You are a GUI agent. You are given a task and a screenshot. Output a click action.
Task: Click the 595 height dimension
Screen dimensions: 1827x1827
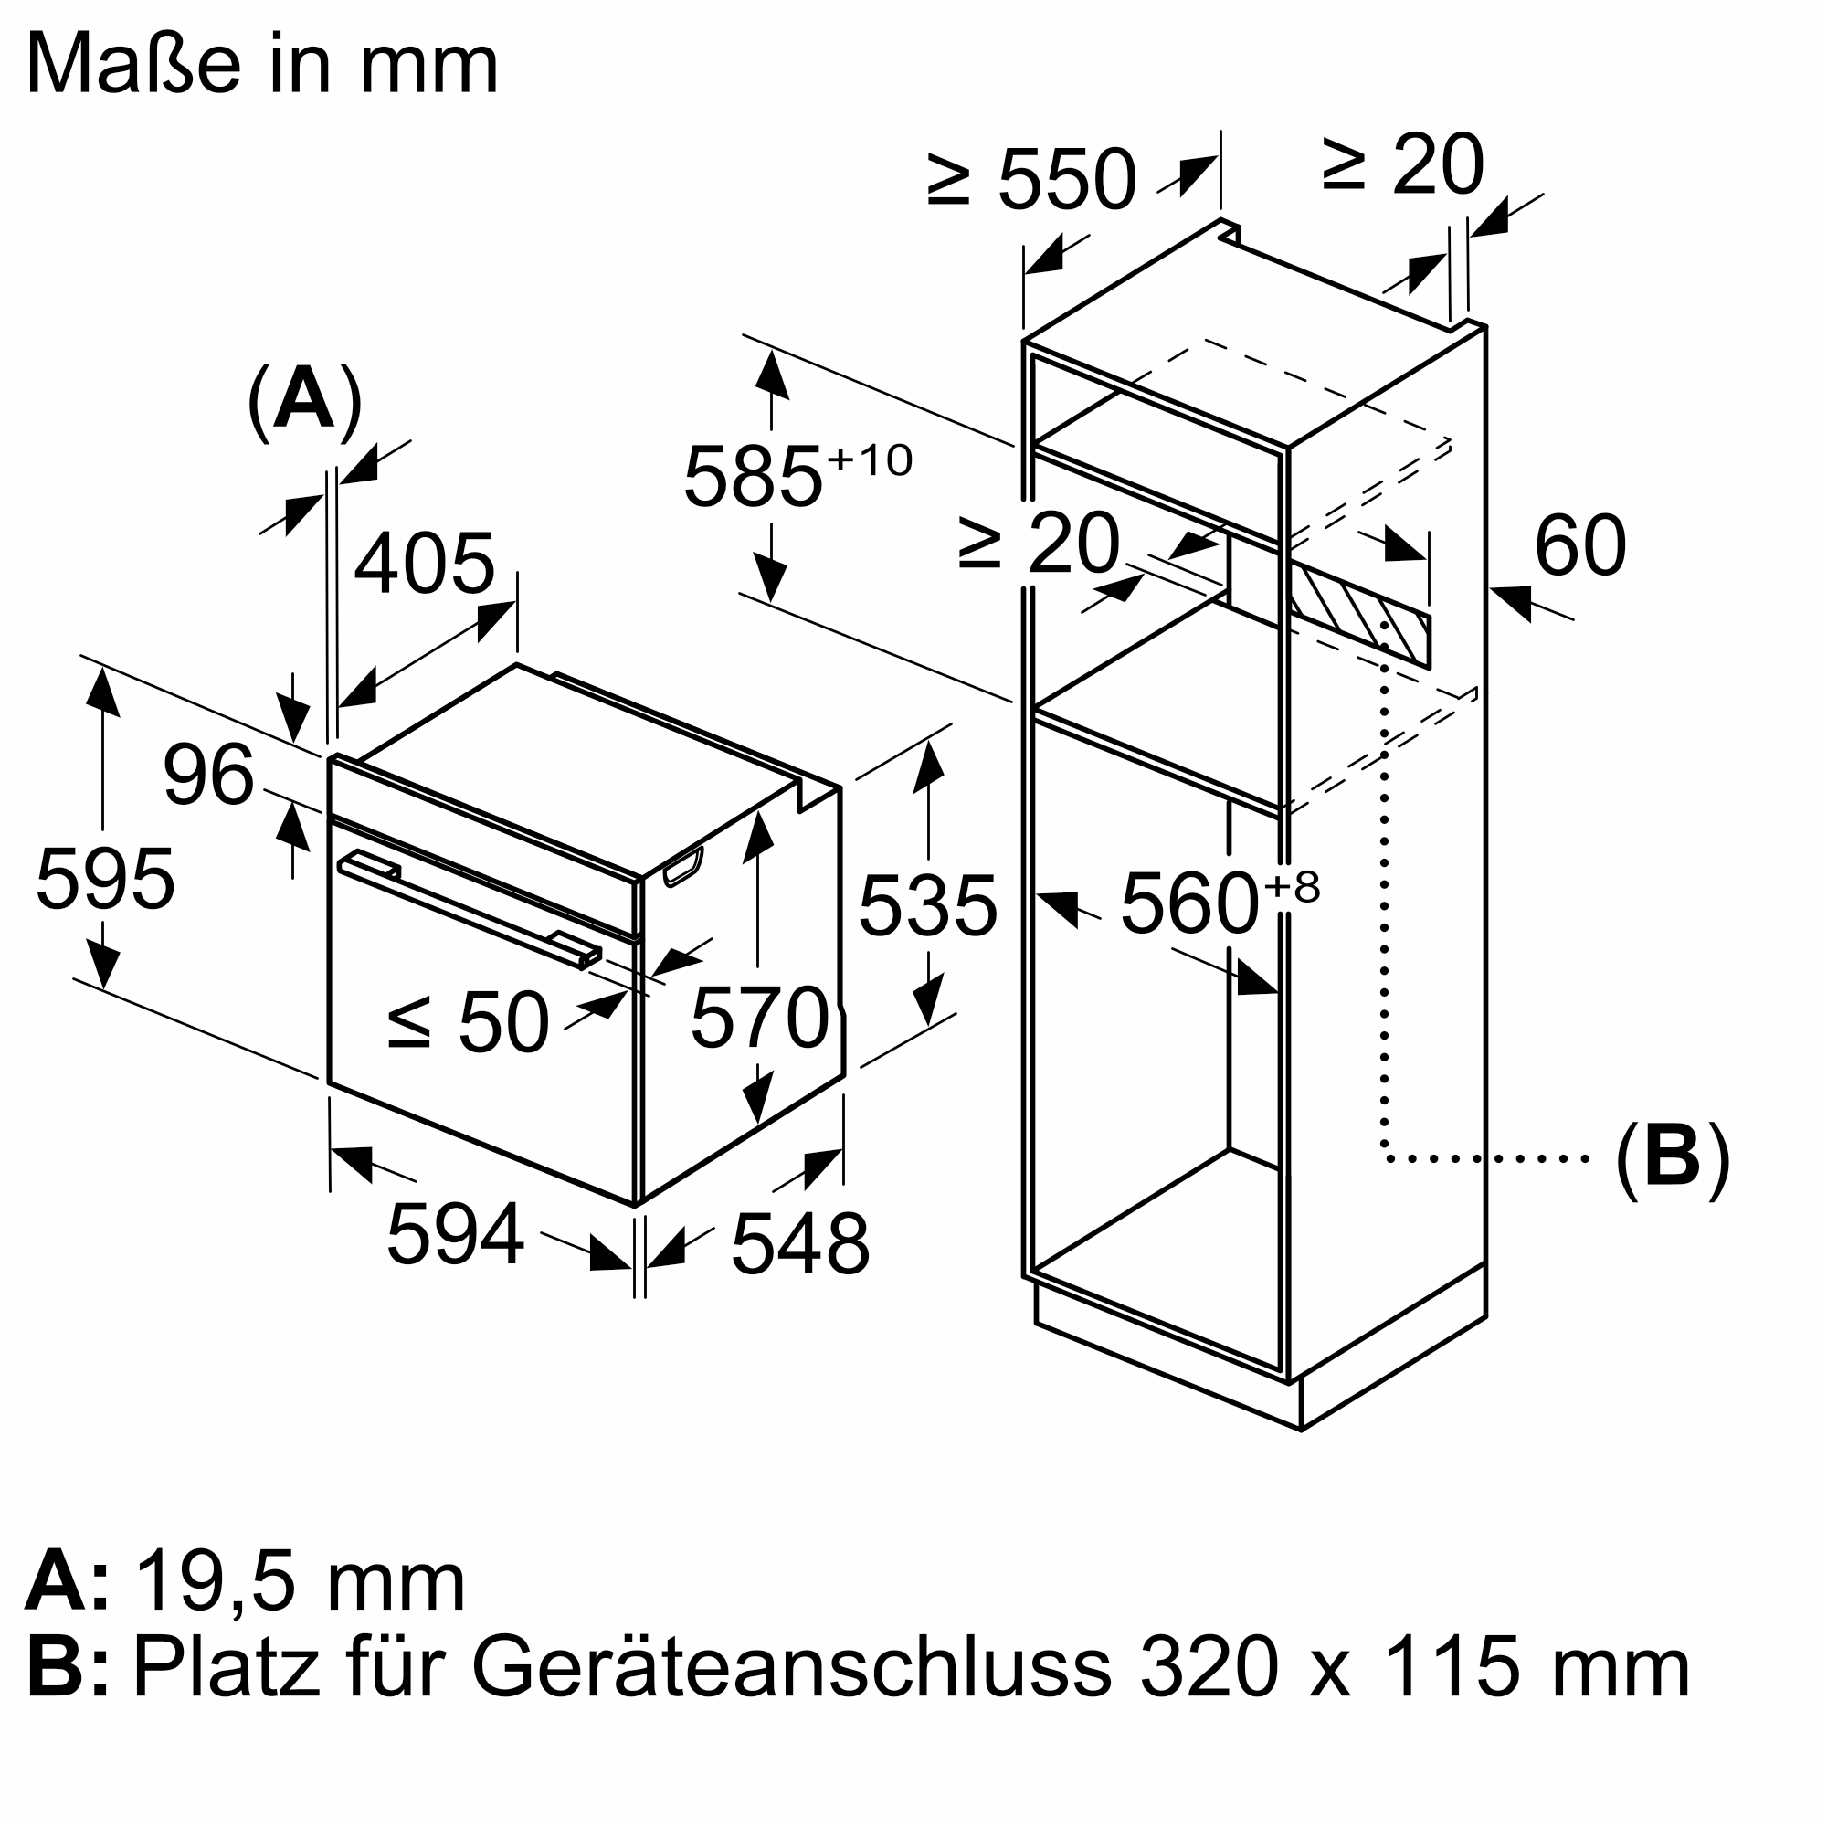[x=105, y=880]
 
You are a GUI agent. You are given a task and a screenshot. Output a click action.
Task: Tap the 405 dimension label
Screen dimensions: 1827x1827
[x=425, y=564]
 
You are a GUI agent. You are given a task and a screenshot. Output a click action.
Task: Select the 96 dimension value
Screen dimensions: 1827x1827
[x=209, y=776]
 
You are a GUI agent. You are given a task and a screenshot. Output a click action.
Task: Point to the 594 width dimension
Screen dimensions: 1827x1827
[x=455, y=1233]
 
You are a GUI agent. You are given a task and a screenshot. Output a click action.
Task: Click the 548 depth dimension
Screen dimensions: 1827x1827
[x=800, y=1244]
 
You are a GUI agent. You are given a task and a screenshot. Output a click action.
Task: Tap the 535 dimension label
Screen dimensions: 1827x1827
[x=928, y=907]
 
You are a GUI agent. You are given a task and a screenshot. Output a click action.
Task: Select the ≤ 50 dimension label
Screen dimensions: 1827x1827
[x=469, y=1022]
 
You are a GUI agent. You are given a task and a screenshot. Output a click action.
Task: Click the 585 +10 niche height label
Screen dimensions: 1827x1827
[x=797, y=476]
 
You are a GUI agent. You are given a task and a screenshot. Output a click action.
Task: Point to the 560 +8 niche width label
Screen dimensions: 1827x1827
[x=1218, y=903]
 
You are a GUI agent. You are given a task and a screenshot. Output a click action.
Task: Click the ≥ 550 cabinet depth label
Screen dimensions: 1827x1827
[x=1030, y=179]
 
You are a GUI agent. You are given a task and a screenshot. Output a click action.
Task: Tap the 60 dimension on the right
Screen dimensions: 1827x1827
[x=1579, y=545]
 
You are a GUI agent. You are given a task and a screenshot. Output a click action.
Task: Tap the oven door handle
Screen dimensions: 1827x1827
[x=469, y=910]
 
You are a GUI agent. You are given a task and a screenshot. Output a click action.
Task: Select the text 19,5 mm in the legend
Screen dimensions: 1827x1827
[x=301, y=1582]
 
